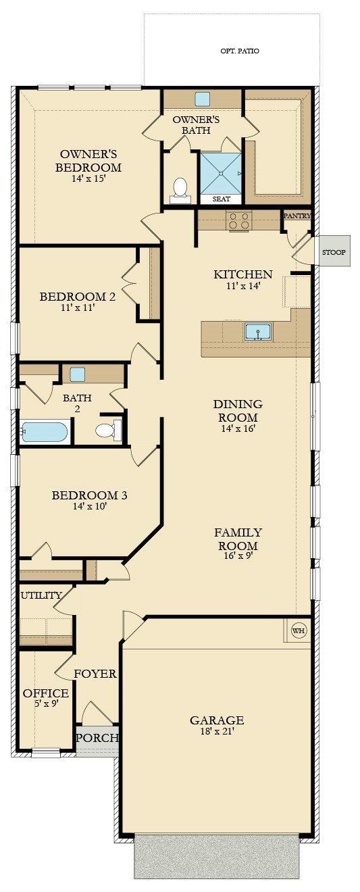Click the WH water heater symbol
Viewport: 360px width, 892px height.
(299, 631)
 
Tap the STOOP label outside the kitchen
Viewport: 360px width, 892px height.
(334, 252)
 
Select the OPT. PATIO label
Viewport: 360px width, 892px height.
(240, 51)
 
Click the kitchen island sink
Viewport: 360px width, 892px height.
(257, 332)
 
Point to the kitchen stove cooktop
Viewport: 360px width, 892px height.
(239, 220)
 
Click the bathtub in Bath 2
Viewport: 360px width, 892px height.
(45, 432)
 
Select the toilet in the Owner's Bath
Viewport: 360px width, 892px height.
(180, 189)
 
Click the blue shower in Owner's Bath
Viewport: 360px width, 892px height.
(220, 173)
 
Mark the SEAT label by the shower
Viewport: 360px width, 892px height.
(221, 199)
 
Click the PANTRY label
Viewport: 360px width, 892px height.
(297, 216)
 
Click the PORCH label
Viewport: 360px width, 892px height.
(97, 738)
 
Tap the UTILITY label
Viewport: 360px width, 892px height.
(41, 595)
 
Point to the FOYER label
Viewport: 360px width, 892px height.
(95, 674)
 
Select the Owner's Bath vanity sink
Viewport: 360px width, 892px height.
(202, 99)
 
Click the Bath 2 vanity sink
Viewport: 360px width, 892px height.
(77, 374)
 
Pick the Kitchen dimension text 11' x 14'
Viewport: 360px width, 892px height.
(243, 286)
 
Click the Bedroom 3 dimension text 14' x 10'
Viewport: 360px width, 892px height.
(89, 506)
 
